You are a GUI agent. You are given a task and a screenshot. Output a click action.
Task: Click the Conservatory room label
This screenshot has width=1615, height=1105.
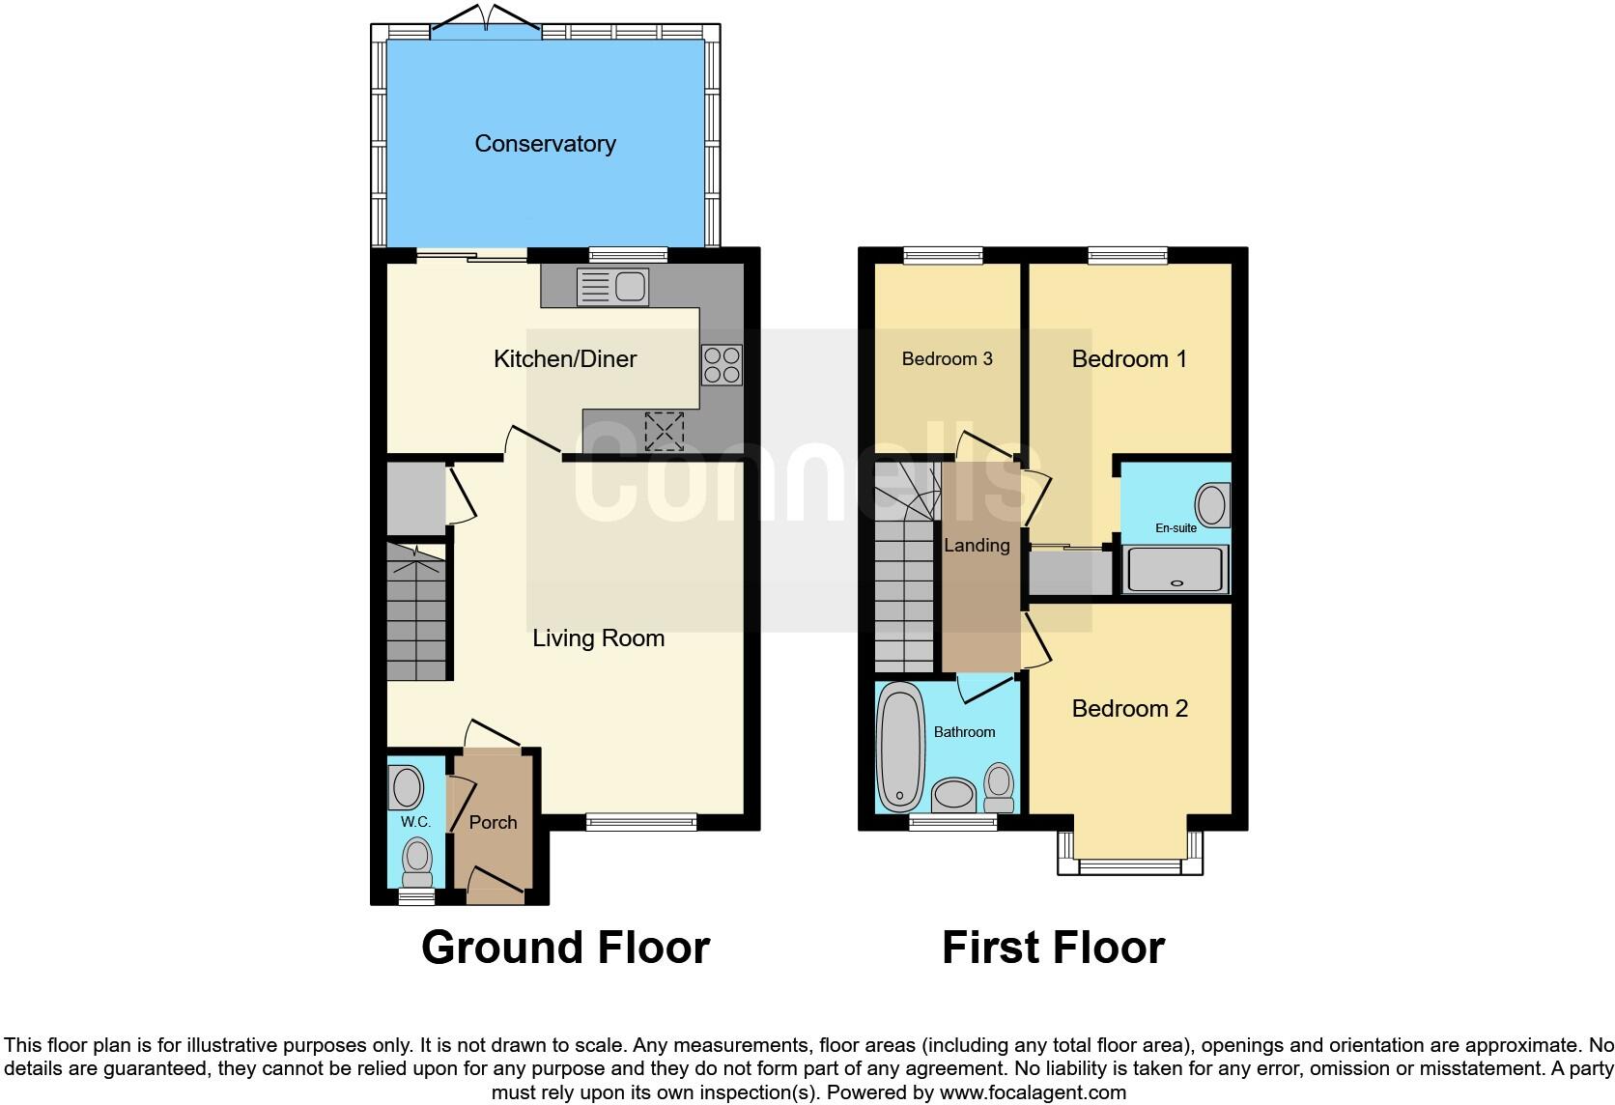click(545, 144)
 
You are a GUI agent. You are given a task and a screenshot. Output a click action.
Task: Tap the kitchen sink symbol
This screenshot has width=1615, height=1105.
click(612, 287)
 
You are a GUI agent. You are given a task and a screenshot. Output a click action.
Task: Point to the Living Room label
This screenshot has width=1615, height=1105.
click(598, 638)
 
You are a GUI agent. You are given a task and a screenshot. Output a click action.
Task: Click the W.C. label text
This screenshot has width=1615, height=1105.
click(415, 822)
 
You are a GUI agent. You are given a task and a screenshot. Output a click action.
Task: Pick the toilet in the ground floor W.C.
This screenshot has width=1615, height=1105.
click(417, 862)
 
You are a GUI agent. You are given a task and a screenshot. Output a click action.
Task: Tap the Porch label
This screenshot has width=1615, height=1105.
click(493, 823)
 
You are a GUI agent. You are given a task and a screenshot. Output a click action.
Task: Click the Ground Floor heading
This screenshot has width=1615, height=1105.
click(565, 948)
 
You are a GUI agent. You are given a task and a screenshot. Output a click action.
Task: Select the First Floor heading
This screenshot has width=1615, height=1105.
click(1053, 948)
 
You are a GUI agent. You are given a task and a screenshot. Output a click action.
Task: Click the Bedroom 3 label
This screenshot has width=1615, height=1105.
click(947, 359)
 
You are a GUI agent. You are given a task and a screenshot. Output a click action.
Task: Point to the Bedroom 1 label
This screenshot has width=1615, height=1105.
click(1129, 359)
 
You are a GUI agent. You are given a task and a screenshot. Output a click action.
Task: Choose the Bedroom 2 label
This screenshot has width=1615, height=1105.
click(1129, 709)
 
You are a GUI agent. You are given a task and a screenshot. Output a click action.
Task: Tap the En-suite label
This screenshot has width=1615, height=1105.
click(1176, 528)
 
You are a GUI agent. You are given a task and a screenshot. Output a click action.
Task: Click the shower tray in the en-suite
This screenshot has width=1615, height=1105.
click(1176, 569)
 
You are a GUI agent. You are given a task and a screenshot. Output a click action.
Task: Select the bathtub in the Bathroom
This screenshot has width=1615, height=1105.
click(899, 747)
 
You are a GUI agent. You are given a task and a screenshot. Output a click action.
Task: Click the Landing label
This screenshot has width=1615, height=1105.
click(977, 546)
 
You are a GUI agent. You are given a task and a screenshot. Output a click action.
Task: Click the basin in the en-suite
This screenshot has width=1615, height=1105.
click(1210, 504)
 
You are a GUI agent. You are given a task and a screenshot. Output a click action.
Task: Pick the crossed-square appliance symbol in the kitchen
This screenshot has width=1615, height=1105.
click(664, 431)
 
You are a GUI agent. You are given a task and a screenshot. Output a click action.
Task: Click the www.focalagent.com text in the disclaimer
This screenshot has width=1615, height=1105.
click(1032, 1093)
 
